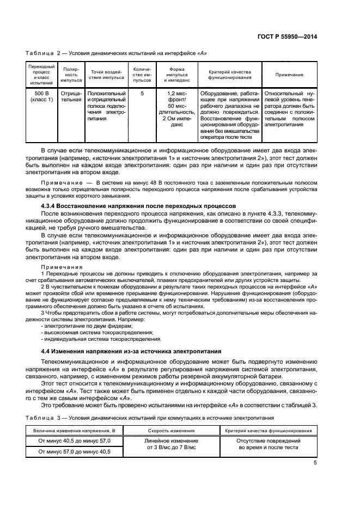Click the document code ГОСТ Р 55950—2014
click(287, 36)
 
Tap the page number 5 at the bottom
click(315, 463)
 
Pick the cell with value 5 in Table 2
click(142, 93)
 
